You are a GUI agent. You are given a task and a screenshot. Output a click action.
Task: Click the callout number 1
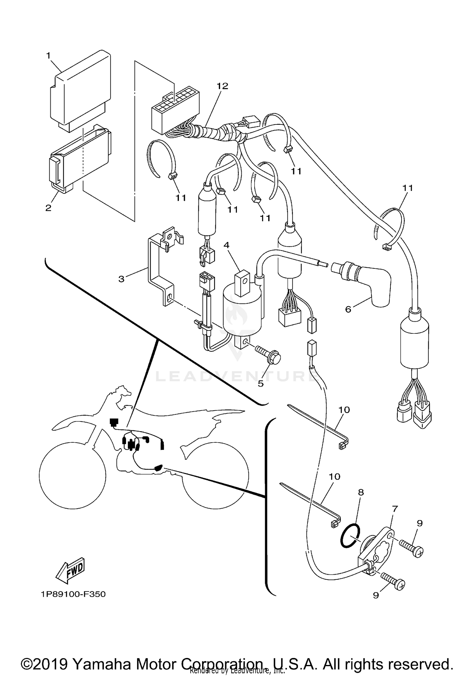click(x=48, y=56)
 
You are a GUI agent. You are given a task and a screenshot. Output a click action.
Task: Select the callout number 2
click(x=48, y=208)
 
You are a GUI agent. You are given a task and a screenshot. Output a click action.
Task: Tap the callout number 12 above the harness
click(x=222, y=86)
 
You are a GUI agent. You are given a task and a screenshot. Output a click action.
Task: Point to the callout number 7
click(x=395, y=509)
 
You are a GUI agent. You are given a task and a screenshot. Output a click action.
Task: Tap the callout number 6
click(x=348, y=309)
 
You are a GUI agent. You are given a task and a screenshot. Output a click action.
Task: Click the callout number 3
click(x=121, y=279)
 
